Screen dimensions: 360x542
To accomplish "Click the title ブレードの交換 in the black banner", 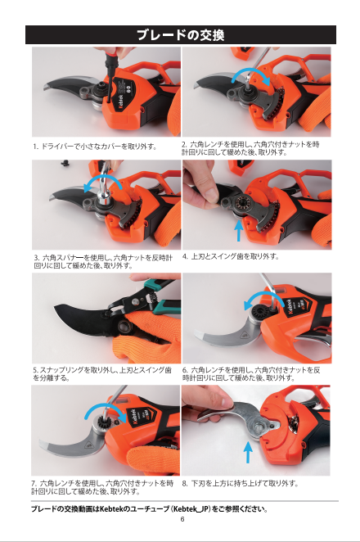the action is pos(181,35).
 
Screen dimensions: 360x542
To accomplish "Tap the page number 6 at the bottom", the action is pos(182,519).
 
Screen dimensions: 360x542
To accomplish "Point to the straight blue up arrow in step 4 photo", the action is pos(239,230).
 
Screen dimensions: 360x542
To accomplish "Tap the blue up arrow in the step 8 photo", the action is pos(248,452).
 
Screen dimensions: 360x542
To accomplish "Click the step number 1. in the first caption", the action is pos(35,147).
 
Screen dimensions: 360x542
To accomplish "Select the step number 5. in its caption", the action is pos(35,370).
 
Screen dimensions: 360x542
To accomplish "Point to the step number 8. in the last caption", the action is pos(185,483).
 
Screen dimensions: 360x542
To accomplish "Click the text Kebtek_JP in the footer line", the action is pos(191,509).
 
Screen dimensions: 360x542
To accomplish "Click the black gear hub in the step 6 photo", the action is pos(259,312).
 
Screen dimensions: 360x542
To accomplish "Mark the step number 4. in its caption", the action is pos(185,256).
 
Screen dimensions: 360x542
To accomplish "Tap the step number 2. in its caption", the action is pos(185,144).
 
